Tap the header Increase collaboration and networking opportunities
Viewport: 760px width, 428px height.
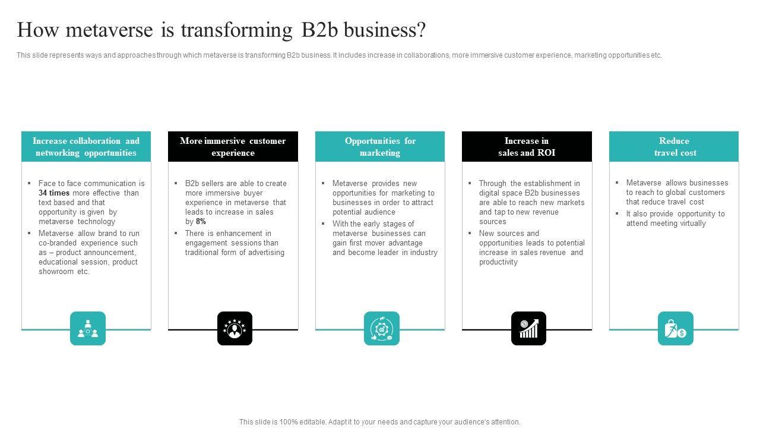point(86,147)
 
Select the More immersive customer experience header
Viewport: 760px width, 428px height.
point(233,147)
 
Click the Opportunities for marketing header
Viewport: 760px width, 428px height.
point(380,147)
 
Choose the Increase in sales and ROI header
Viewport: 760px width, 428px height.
point(527,147)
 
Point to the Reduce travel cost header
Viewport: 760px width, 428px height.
point(674,147)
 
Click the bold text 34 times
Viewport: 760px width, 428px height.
point(54,193)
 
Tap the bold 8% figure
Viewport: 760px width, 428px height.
point(201,222)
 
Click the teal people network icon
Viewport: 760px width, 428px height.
point(88,328)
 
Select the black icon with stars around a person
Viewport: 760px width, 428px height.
point(235,328)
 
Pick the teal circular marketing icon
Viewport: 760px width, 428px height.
point(381,328)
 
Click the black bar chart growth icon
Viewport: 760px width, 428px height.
point(528,328)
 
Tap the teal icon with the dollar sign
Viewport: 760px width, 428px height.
point(675,328)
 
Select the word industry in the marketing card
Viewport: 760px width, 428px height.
point(424,253)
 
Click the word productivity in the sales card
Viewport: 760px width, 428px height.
point(498,262)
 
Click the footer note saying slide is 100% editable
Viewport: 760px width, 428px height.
point(379,422)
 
